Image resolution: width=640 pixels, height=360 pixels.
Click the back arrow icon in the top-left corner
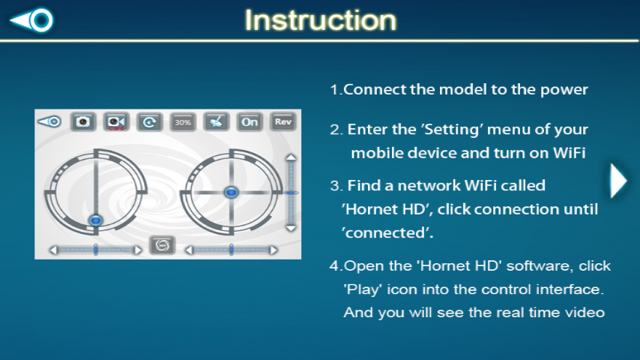[31, 19]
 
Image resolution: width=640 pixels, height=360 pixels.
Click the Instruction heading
[321, 20]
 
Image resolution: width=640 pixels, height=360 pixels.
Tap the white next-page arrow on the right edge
[618, 181]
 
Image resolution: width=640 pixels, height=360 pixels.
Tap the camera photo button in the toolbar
[83, 121]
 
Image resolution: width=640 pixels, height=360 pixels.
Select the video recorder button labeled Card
[116, 121]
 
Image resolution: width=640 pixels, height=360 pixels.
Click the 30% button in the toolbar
[183, 121]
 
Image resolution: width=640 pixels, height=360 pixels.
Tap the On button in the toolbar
[250, 121]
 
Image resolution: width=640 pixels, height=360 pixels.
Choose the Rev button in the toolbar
[283, 121]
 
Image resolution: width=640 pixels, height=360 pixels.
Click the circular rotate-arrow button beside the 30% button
[149, 121]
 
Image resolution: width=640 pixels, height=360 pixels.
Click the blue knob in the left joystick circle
[95, 220]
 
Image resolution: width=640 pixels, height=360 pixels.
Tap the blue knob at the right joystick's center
[231, 192]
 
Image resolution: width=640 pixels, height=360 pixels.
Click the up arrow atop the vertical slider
[291, 157]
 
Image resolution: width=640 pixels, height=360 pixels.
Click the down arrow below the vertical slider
[291, 229]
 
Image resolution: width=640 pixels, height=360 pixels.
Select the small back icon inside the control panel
[49, 121]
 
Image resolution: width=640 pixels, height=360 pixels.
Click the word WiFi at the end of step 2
[569, 153]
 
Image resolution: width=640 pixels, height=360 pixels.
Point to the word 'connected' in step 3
[387, 233]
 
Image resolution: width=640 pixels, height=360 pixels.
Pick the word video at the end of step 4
[585, 313]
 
